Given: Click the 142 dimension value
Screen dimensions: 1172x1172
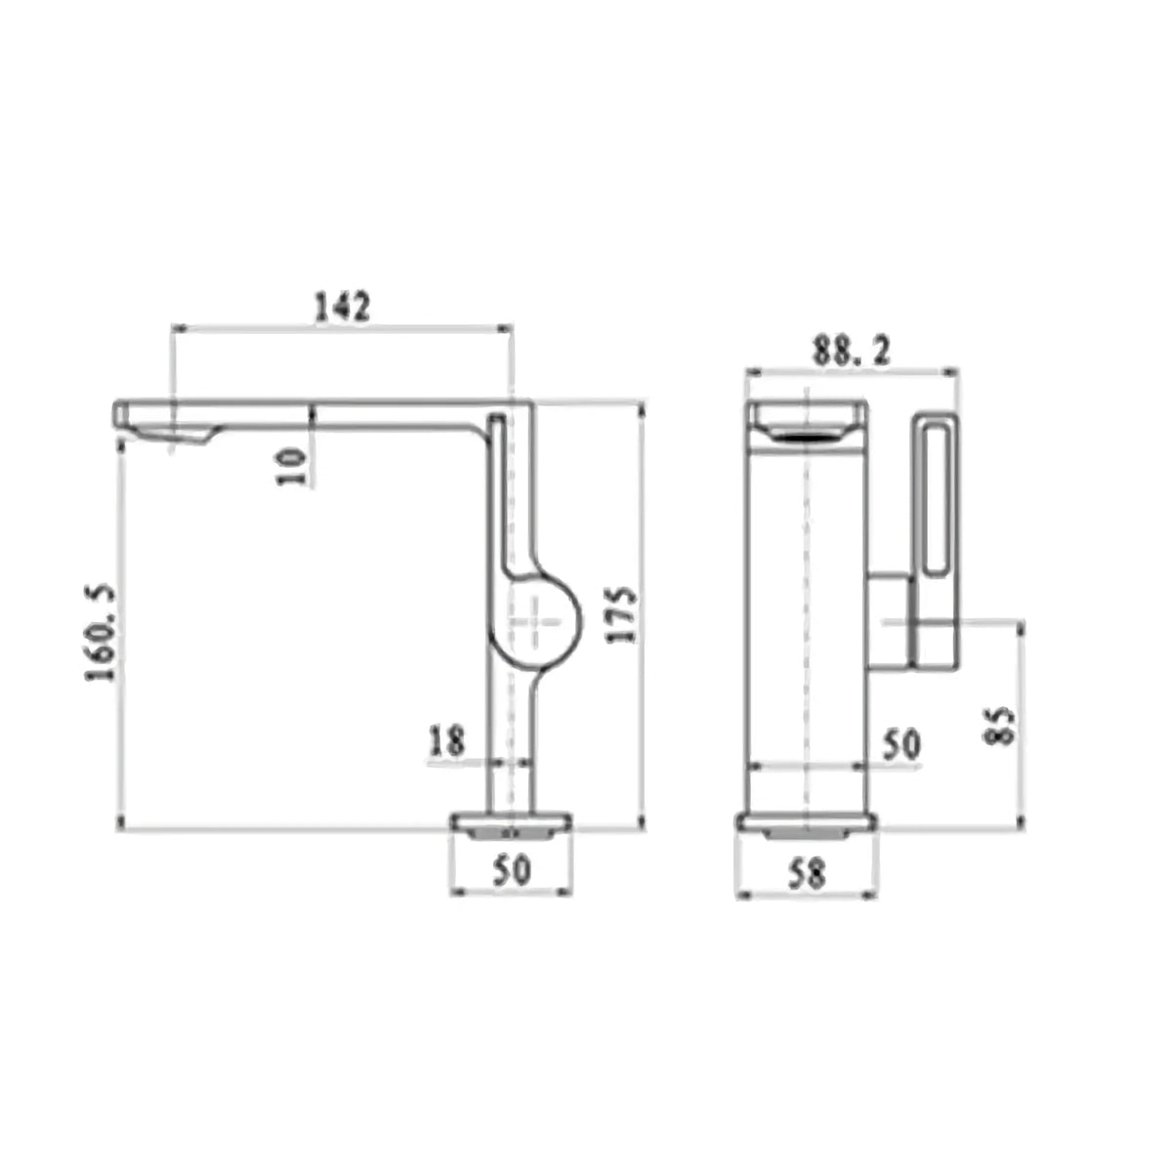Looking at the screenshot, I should [342, 307].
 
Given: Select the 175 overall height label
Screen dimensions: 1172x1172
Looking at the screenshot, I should [622, 614].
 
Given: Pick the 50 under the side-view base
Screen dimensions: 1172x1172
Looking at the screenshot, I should [511, 868].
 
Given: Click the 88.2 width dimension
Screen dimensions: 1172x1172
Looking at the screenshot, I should [851, 351].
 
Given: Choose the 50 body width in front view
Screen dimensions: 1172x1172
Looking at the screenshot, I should [900, 745].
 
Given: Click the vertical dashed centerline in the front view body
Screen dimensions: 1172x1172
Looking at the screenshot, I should [806, 606].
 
